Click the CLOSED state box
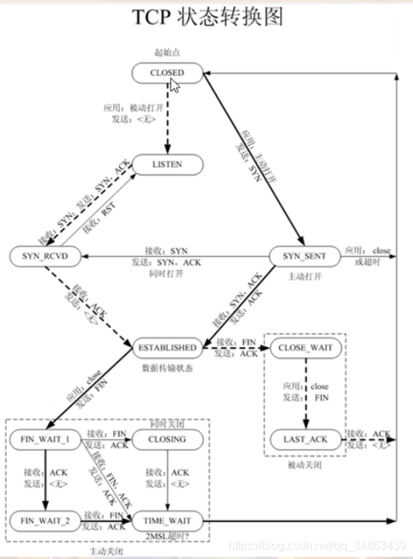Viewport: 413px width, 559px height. [x=168, y=72]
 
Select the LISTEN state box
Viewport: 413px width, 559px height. [x=168, y=164]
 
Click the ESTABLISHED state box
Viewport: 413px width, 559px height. [x=168, y=348]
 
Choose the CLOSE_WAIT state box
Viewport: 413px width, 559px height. [x=305, y=348]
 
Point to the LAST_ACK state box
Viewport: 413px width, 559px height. [x=305, y=440]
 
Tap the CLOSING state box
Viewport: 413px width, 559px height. [x=168, y=440]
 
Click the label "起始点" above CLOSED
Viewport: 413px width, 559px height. [x=168, y=53]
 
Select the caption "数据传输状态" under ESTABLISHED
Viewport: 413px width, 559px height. [x=168, y=368]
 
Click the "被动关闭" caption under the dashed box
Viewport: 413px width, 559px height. [x=305, y=465]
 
